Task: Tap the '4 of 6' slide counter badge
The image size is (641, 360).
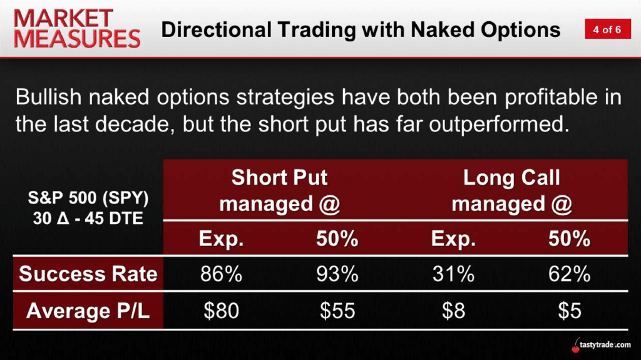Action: tap(607, 29)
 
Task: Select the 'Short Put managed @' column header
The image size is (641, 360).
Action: tap(279, 190)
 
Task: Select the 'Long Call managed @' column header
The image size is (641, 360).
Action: tap(511, 190)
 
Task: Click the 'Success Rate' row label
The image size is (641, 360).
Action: tap(88, 274)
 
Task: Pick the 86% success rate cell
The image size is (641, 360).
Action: tap(221, 274)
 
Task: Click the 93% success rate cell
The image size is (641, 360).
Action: tap(337, 274)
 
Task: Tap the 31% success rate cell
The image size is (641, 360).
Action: tap(453, 274)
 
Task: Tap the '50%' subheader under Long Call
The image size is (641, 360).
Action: tap(569, 239)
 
